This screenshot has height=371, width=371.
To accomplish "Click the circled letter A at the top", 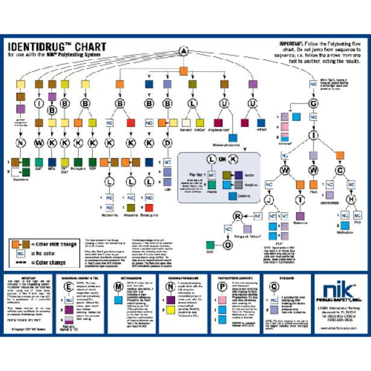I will point(184,52).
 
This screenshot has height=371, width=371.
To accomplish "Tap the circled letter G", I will point(314,104).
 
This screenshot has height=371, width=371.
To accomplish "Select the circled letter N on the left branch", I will point(21,143).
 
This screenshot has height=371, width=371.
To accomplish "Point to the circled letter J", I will point(268,200).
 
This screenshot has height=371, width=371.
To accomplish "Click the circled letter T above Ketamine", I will point(300,200).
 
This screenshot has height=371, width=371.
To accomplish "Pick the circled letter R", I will point(237,217).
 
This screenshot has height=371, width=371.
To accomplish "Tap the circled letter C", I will point(340,170).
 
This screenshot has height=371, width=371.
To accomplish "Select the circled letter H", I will point(351,199).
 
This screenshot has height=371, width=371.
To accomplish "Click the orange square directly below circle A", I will point(184,71).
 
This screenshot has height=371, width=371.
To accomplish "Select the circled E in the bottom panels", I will point(70,286).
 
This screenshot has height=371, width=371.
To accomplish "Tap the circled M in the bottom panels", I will point(118,286).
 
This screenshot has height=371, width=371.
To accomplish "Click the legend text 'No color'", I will point(49,254).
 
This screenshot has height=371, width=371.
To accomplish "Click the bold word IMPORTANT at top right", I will point(292,43).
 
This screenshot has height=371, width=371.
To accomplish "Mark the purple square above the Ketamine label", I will point(301,214).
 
